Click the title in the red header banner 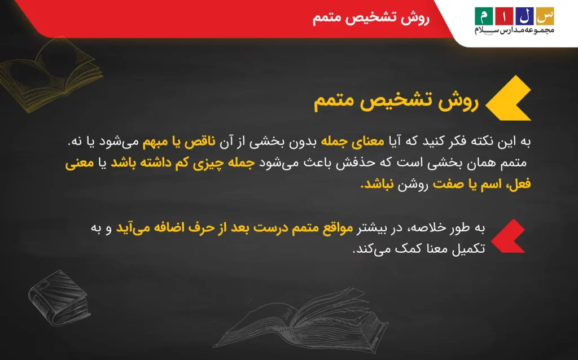[371, 17]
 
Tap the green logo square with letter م [484, 16]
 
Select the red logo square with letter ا [504, 16]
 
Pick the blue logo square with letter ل [524, 16]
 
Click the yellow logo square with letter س [545, 16]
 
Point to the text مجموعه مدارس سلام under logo [514, 30]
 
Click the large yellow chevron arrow [508, 98]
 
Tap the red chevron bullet [508, 236]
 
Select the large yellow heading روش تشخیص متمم [396, 100]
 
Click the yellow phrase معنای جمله [352, 142]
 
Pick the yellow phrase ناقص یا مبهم [179, 142]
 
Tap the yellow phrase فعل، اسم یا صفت [482, 183]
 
